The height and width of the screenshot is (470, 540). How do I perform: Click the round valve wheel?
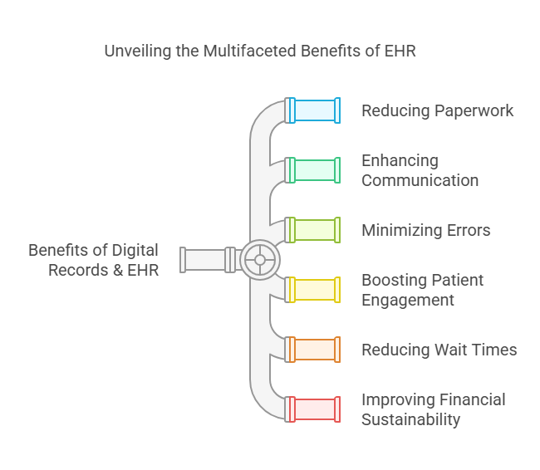coord(260,260)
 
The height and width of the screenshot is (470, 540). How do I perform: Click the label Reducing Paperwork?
coord(437,110)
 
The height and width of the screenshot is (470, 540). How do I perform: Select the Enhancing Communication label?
coord(420,170)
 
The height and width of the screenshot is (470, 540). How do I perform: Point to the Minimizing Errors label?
coord(425,230)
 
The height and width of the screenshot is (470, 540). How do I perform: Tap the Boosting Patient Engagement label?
coord(422,290)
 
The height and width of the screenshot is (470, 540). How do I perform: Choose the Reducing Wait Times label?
coord(439,350)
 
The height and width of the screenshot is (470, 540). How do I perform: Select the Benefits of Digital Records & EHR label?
coord(93,260)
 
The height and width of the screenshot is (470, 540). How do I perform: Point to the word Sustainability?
coord(410,419)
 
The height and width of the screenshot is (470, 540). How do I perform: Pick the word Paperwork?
coord(476,110)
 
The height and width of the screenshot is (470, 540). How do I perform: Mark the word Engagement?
coord(408,300)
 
